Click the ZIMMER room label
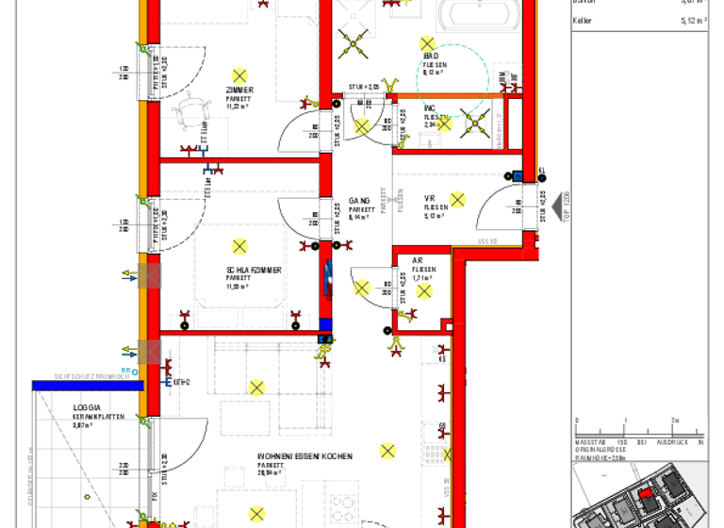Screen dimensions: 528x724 pos(239,91)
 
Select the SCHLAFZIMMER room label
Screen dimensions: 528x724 pos(254,270)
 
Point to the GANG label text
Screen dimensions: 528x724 pos(358,201)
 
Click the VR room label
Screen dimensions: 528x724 pos(429,198)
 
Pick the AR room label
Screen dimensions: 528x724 pos(418,260)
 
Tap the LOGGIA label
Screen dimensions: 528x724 pos(87,408)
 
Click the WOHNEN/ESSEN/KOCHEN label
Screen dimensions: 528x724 pos(304,456)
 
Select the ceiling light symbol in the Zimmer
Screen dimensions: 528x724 pos(239,75)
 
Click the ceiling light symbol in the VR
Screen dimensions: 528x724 pos(458,199)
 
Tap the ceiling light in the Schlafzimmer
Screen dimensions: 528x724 pos(239,247)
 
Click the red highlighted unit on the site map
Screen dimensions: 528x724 pos(645,492)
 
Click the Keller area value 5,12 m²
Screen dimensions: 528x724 pos(694,19)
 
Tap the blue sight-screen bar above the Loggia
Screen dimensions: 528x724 pos(87,385)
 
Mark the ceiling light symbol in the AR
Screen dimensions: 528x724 pos(423,290)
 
